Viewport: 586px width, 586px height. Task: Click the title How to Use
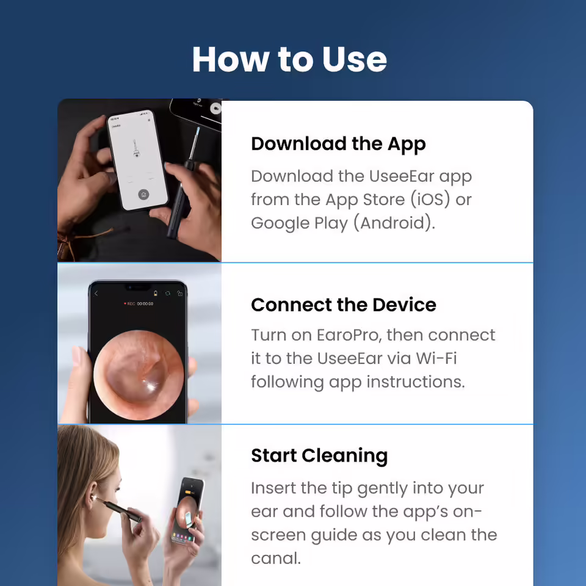click(289, 59)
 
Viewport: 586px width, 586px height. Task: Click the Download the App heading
click(338, 144)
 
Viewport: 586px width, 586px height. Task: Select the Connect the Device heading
click(343, 305)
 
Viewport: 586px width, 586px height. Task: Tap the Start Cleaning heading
click(319, 456)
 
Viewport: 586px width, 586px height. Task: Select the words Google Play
click(300, 223)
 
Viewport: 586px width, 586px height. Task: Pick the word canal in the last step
click(275, 559)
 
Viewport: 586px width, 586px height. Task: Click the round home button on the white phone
click(143, 194)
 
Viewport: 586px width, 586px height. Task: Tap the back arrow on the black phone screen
click(96, 294)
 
